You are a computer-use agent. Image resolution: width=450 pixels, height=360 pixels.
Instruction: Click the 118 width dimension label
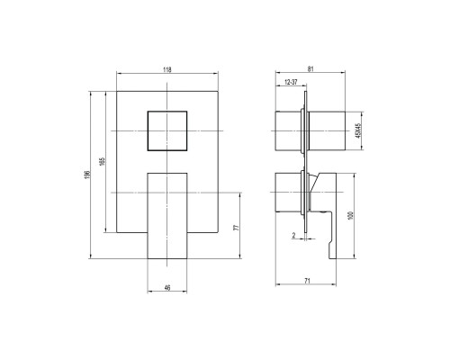tap(167, 70)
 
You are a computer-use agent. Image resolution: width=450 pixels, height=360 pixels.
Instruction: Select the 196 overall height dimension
tap(87, 175)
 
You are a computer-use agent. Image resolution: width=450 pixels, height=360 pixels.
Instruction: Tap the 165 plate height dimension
tap(103, 161)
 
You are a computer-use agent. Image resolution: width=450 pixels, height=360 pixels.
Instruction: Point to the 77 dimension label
tap(237, 227)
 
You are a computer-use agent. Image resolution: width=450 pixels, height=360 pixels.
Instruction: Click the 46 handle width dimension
tap(167, 288)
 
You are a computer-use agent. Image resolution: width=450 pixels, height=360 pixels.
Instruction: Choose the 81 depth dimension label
tap(310, 69)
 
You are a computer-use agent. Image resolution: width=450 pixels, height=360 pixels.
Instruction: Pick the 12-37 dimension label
tap(291, 82)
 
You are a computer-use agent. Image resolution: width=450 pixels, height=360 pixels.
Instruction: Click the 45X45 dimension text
tap(357, 130)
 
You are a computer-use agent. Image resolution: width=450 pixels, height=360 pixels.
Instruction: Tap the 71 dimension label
tap(307, 281)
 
